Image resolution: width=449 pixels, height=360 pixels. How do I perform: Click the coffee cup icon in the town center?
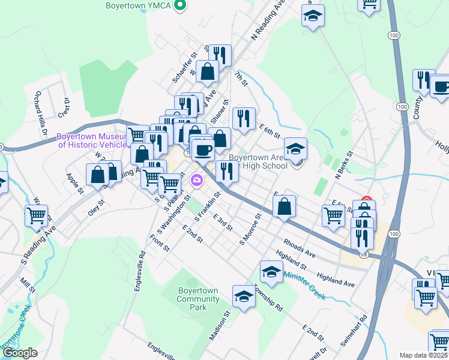[203, 149]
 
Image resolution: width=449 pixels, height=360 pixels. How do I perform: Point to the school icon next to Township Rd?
[271, 272]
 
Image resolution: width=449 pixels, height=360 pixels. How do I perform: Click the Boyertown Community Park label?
[197, 298]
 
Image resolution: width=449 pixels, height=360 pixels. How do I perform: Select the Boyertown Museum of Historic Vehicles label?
[93, 140]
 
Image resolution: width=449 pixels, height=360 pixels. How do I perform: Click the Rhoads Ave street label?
[300, 248]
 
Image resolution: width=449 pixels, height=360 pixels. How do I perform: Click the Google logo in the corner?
[20, 353]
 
